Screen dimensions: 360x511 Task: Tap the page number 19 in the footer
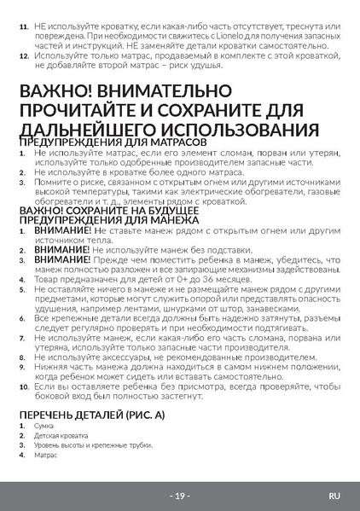180,495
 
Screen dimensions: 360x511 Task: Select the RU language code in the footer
334,495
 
